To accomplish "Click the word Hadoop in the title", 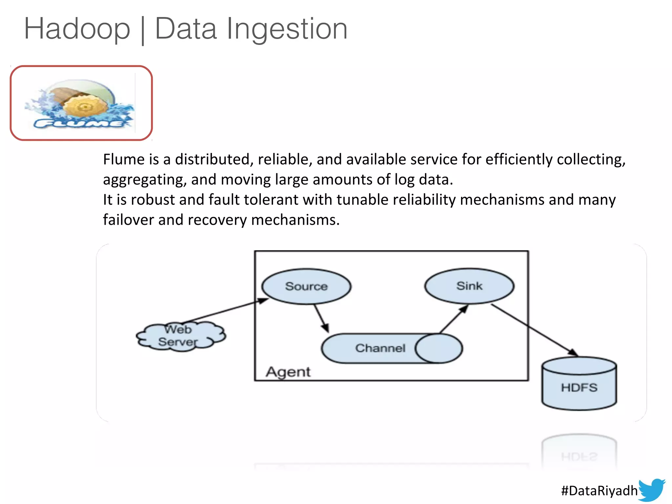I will pos(77,29).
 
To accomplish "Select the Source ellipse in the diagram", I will pos(306,286).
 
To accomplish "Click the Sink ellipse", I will pos(469,286).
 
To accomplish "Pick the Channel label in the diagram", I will pos(380,348).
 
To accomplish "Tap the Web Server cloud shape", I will pos(180,336).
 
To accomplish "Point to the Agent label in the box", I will pos(288,372).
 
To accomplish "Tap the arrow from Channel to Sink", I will pos(454,319).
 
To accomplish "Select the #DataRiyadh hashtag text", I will pos(599,491).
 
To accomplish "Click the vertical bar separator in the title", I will pos(143,30).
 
